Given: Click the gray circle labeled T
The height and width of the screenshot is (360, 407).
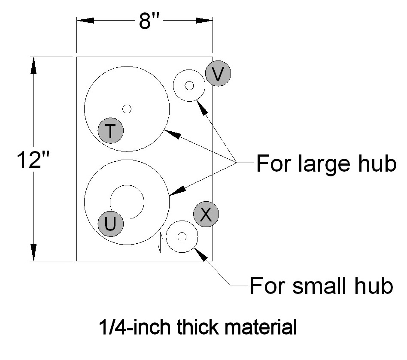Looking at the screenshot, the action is [111, 130].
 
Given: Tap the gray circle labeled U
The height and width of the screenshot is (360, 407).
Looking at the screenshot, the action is [111, 224].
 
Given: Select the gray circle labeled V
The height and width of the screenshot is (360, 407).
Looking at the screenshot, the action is [218, 73].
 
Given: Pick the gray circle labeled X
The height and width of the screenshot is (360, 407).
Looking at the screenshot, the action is [206, 214].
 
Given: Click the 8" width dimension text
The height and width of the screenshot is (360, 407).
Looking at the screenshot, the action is [149, 21].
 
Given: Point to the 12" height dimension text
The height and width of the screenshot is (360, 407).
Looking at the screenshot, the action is [33, 160].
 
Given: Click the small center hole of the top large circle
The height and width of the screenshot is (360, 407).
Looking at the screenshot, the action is [127, 109].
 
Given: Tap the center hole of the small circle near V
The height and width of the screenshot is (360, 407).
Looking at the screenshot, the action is [189, 85].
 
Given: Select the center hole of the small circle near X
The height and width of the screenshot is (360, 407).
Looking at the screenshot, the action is [182, 236].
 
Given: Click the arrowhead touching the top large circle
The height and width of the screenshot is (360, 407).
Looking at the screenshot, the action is [172, 134].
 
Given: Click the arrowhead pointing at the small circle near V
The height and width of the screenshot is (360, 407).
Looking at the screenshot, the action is [202, 107].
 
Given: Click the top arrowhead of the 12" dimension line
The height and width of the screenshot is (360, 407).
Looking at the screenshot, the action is [33, 65].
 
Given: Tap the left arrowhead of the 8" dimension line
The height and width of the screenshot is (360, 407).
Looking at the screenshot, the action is [85, 21].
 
